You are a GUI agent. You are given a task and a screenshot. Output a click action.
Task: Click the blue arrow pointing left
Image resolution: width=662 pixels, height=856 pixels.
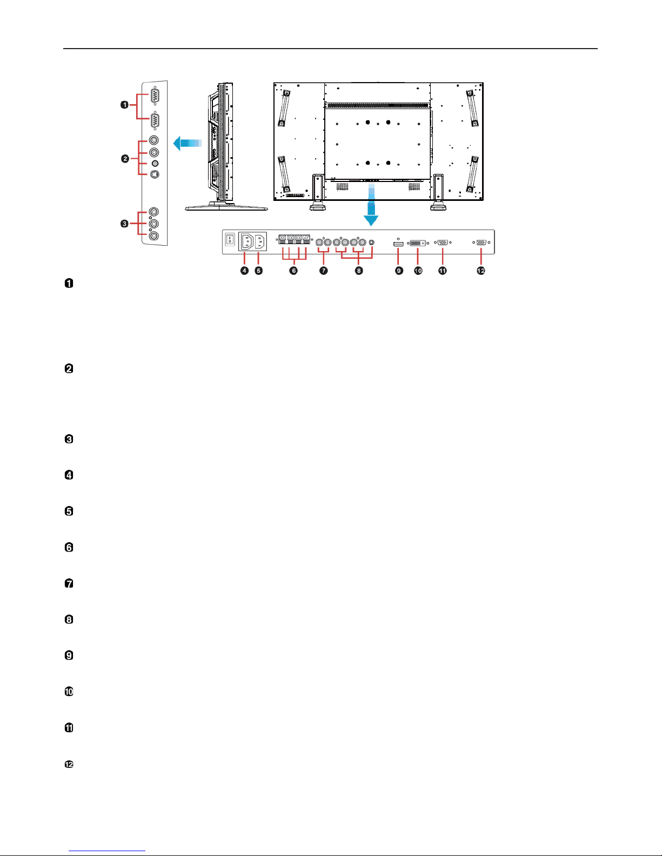tap(188, 144)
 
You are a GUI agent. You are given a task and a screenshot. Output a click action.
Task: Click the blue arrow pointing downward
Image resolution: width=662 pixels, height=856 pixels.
tap(371, 205)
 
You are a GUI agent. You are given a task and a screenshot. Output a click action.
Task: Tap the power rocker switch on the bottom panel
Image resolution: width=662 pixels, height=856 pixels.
tap(230, 239)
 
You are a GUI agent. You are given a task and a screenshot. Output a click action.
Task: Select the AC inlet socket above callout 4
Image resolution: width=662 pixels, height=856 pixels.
tap(246, 241)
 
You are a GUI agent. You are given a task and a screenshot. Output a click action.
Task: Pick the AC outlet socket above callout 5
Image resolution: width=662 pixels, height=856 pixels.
tap(260, 241)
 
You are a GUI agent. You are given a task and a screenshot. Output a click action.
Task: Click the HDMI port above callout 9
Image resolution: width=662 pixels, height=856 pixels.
tap(398, 244)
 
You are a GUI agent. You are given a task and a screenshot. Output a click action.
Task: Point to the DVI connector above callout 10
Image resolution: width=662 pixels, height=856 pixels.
tap(418, 243)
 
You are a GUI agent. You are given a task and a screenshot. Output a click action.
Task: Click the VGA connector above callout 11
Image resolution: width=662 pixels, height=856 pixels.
tap(443, 242)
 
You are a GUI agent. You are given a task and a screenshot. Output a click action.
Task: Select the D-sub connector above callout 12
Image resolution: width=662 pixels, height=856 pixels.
tap(481, 242)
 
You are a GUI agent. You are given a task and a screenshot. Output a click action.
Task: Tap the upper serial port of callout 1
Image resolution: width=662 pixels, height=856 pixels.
tap(155, 96)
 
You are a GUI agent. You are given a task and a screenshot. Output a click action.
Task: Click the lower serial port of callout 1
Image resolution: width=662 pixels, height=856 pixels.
tap(155, 120)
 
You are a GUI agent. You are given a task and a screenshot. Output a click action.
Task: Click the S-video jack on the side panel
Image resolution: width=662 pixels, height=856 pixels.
tap(155, 174)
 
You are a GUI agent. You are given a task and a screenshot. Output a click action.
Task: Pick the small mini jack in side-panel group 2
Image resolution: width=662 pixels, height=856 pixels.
tap(155, 164)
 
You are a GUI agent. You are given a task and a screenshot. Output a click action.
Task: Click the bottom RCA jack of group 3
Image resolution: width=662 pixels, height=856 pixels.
tap(154, 236)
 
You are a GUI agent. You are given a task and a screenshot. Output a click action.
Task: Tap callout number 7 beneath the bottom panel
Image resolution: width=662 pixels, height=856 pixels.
tap(324, 271)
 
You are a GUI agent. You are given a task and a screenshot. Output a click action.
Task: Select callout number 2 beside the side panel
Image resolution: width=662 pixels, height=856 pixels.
tap(125, 159)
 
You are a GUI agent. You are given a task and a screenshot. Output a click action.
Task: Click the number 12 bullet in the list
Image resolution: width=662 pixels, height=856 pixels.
tap(69, 764)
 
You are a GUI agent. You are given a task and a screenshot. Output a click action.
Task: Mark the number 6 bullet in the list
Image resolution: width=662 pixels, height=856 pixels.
tap(69, 547)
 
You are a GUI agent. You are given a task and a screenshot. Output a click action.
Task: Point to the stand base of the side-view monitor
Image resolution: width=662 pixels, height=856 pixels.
tap(226, 206)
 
